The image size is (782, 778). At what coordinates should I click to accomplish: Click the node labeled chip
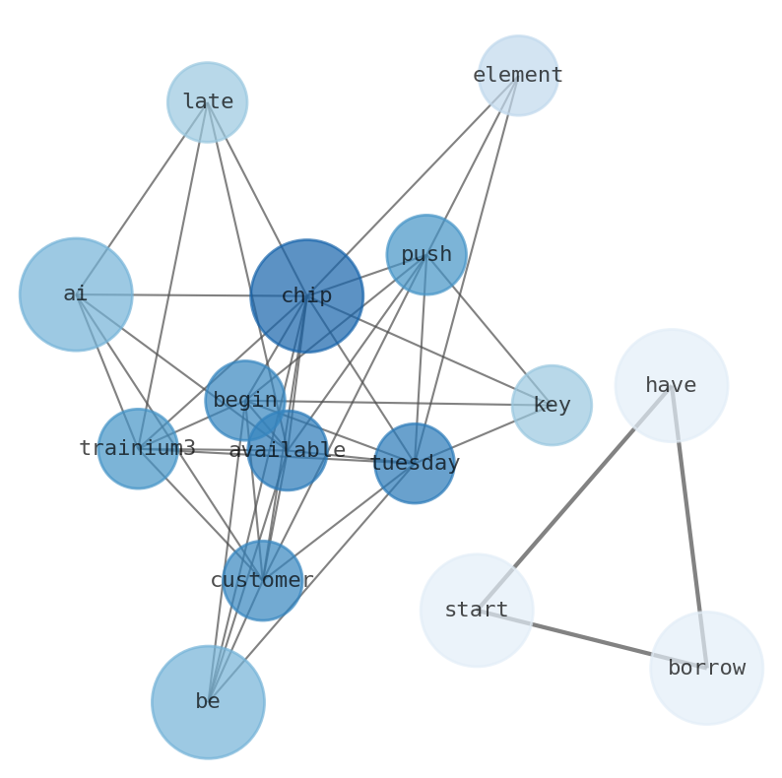coord(306,295)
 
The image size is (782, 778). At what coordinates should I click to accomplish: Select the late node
coord(207,102)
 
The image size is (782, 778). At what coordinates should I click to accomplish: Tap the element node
coord(518,76)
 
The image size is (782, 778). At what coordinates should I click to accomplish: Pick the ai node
coord(76,294)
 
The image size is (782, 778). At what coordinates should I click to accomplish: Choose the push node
coord(425,255)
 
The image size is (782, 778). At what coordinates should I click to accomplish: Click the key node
coord(552,405)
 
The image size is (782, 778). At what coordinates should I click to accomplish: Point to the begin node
coord(244,401)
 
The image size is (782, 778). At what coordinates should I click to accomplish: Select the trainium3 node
coord(138,448)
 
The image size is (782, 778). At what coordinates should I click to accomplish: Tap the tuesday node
coord(415,463)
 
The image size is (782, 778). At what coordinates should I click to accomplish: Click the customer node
coord(262,580)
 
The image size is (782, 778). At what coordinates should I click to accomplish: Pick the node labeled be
coord(208,702)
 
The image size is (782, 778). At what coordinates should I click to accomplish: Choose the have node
coord(671,385)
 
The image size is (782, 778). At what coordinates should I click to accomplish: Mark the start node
coord(477,611)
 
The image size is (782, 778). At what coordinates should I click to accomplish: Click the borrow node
coord(706,669)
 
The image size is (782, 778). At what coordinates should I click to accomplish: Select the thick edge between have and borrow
coord(688,527)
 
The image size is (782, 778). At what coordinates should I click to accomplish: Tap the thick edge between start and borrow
coord(591,639)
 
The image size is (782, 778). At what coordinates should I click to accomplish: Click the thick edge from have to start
coord(574,497)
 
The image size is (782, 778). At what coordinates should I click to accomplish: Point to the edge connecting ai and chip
coord(177,294)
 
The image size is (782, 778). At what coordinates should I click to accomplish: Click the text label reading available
coord(287,451)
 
